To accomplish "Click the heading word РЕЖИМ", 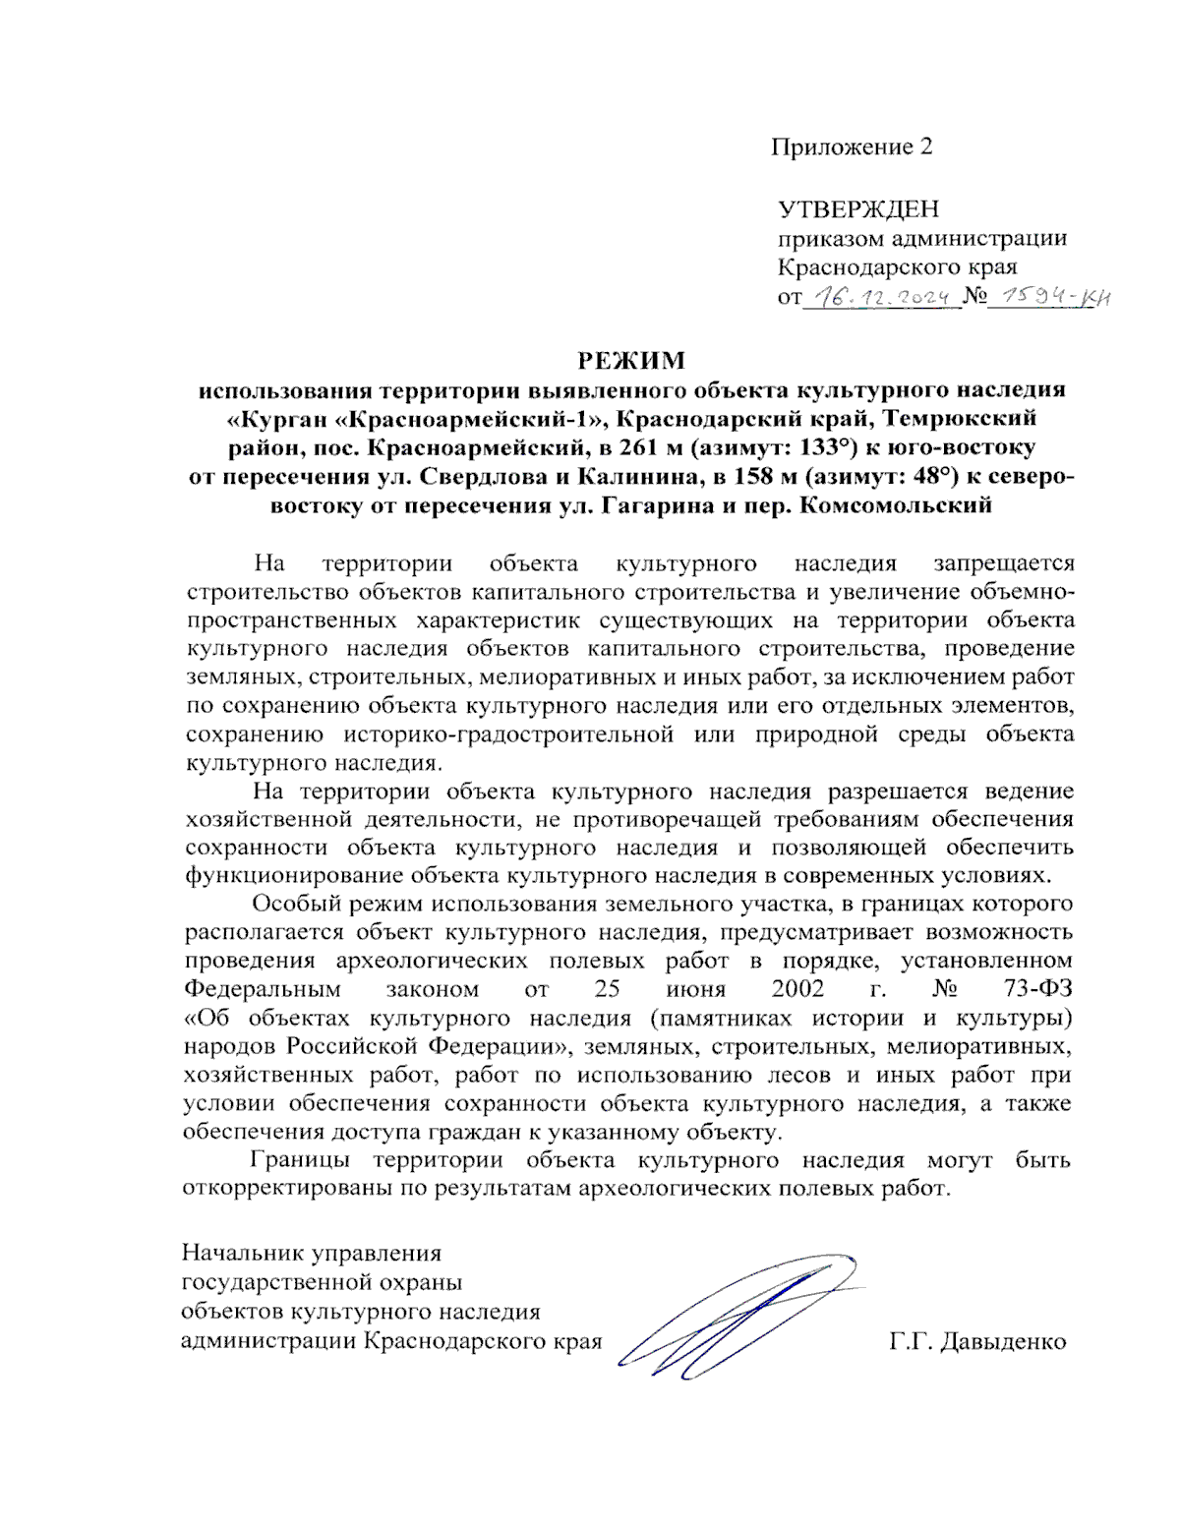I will point(630,360).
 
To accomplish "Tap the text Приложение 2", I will point(851,147).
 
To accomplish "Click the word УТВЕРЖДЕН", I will point(857,209).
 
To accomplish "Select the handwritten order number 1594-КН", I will point(1048,295).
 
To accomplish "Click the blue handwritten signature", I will point(737,1318).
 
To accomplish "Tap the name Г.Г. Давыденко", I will point(977,1342).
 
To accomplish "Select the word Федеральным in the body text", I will point(263,989).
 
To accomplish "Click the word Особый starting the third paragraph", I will point(291,905).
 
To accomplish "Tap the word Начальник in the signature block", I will point(243,1255).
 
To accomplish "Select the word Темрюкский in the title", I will point(960,419).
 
